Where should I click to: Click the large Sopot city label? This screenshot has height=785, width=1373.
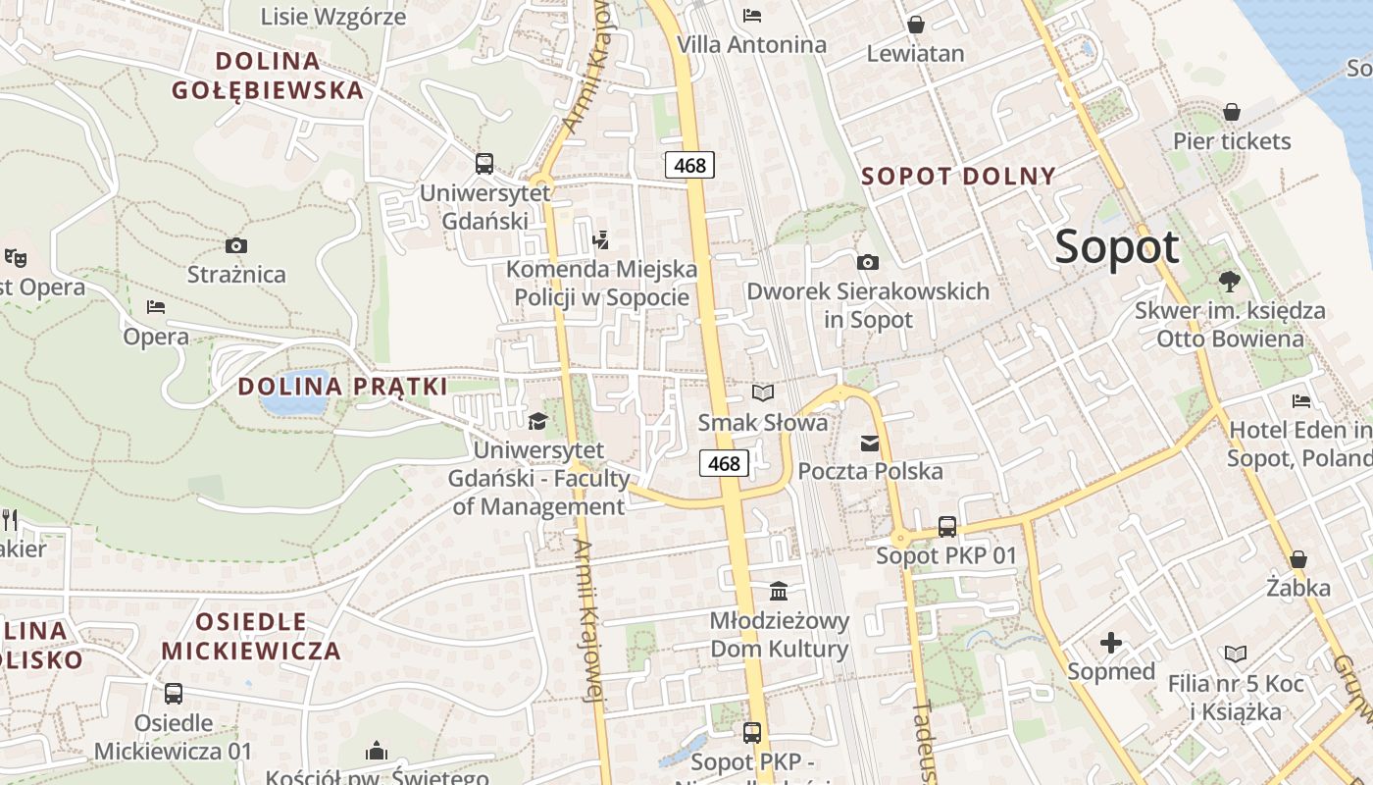(x=1117, y=246)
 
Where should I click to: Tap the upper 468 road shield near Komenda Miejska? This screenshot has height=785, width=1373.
(x=689, y=165)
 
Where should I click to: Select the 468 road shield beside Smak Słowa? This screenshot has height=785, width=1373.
(x=724, y=463)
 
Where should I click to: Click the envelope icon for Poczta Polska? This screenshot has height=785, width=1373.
(x=869, y=444)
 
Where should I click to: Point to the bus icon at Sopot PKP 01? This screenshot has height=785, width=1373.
(x=946, y=527)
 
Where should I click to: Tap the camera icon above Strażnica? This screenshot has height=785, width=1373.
(x=235, y=245)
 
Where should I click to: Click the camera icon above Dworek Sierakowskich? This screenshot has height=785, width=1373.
(x=867, y=262)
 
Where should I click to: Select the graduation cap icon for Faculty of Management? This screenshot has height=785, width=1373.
(x=537, y=422)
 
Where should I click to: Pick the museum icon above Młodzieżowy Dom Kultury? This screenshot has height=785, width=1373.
(x=779, y=592)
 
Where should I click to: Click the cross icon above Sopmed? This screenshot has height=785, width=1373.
(x=1110, y=644)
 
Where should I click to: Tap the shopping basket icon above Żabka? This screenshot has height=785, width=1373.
(x=1297, y=559)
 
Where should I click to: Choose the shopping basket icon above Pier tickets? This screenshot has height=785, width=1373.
(x=1231, y=112)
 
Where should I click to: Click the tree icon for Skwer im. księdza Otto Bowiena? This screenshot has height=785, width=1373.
(x=1229, y=282)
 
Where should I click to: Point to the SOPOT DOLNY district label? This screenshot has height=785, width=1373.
(x=958, y=177)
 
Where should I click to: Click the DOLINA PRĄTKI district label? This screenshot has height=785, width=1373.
(x=342, y=386)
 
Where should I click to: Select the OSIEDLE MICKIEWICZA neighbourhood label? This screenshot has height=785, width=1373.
(x=251, y=636)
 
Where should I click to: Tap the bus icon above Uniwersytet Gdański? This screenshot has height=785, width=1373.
(x=483, y=164)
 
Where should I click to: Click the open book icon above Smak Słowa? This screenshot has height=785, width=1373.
(x=762, y=393)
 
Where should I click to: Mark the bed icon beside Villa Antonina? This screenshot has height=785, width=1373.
(x=752, y=15)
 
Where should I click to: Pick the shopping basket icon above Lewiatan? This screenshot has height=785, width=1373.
(x=915, y=25)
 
